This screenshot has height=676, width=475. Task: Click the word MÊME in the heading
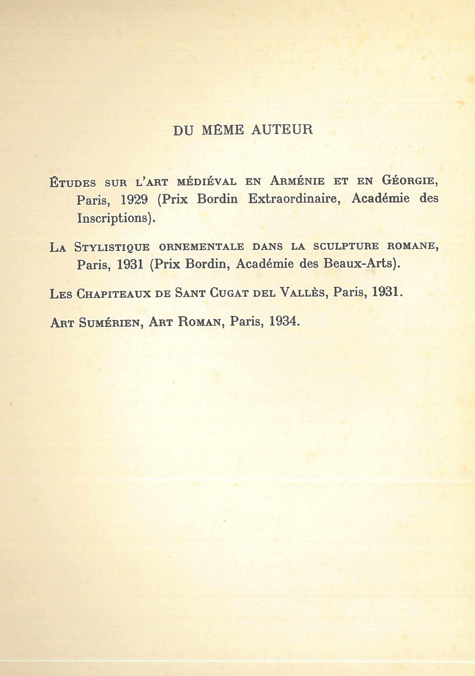coord(223,130)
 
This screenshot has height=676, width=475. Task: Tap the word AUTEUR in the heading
coord(282,130)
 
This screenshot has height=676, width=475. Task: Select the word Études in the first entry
coord(73,182)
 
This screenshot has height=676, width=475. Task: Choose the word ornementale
coord(201,247)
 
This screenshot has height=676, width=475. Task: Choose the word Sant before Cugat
coord(190,293)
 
